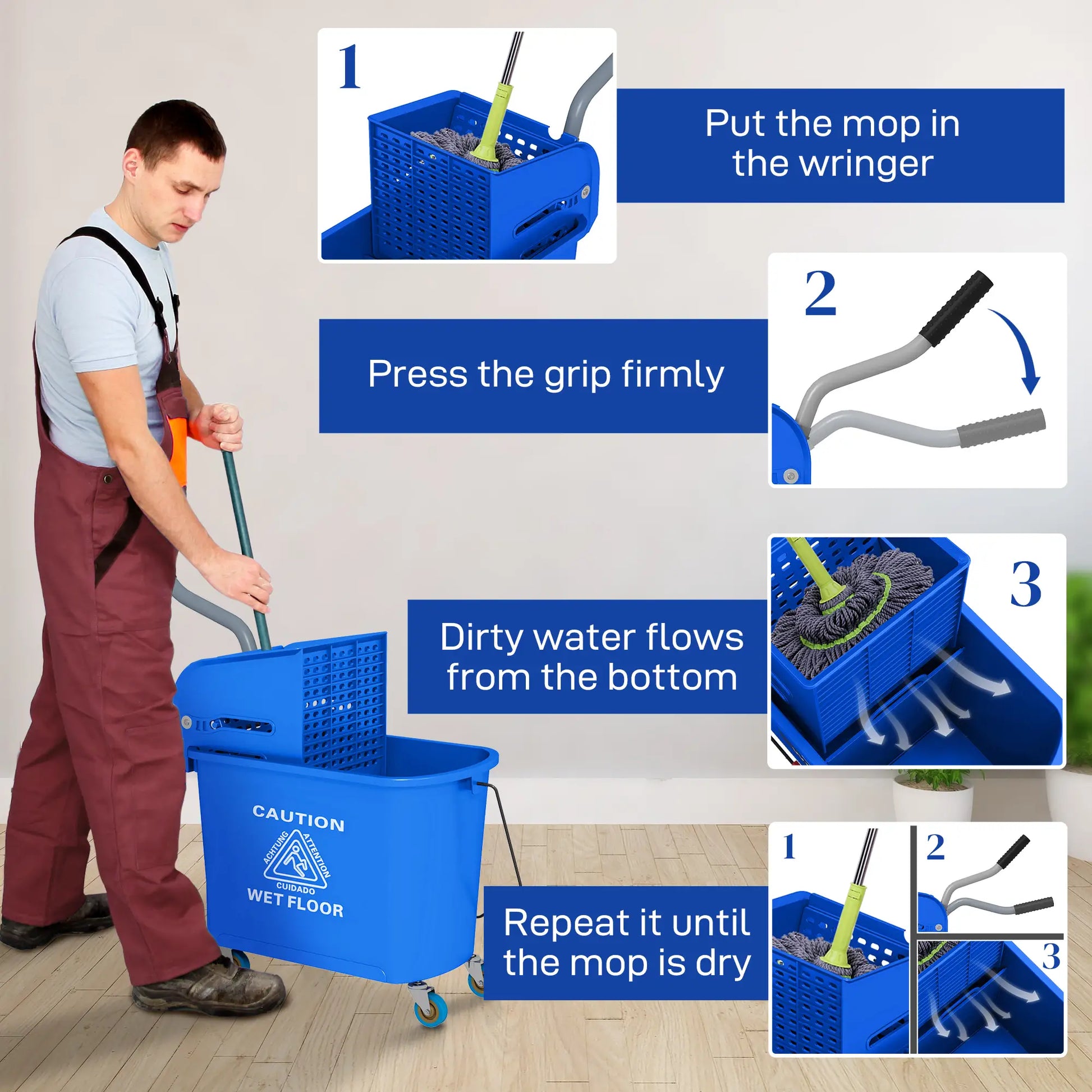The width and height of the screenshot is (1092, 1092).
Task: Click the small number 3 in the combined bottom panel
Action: click(1050, 957)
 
